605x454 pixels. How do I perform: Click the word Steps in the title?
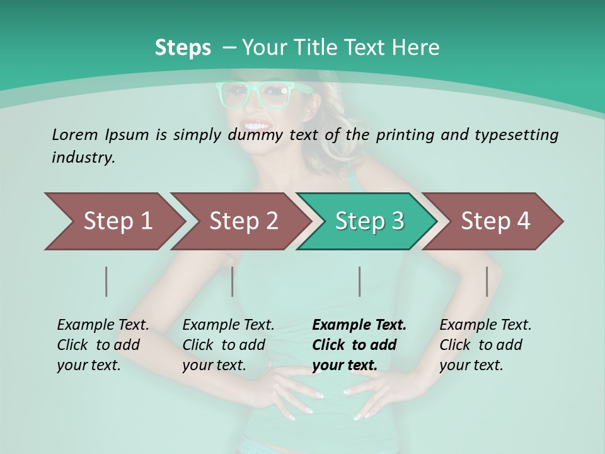pyautogui.click(x=183, y=47)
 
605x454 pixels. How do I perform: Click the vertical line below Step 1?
pyautogui.click(x=107, y=281)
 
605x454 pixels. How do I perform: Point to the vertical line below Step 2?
pyautogui.click(x=233, y=281)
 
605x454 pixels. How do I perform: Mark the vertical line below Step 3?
pyautogui.click(x=359, y=281)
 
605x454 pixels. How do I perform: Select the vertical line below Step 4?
pyautogui.click(x=487, y=281)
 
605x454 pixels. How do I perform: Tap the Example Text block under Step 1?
pyautogui.click(x=103, y=345)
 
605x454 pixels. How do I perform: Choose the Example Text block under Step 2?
pyautogui.click(x=228, y=345)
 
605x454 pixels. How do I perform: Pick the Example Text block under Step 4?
pyautogui.click(x=485, y=345)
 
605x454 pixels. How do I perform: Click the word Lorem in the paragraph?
pyautogui.click(x=75, y=134)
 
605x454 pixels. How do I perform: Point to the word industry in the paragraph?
pyautogui.click(x=83, y=158)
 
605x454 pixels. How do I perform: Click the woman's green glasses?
pyautogui.click(x=252, y=95)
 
